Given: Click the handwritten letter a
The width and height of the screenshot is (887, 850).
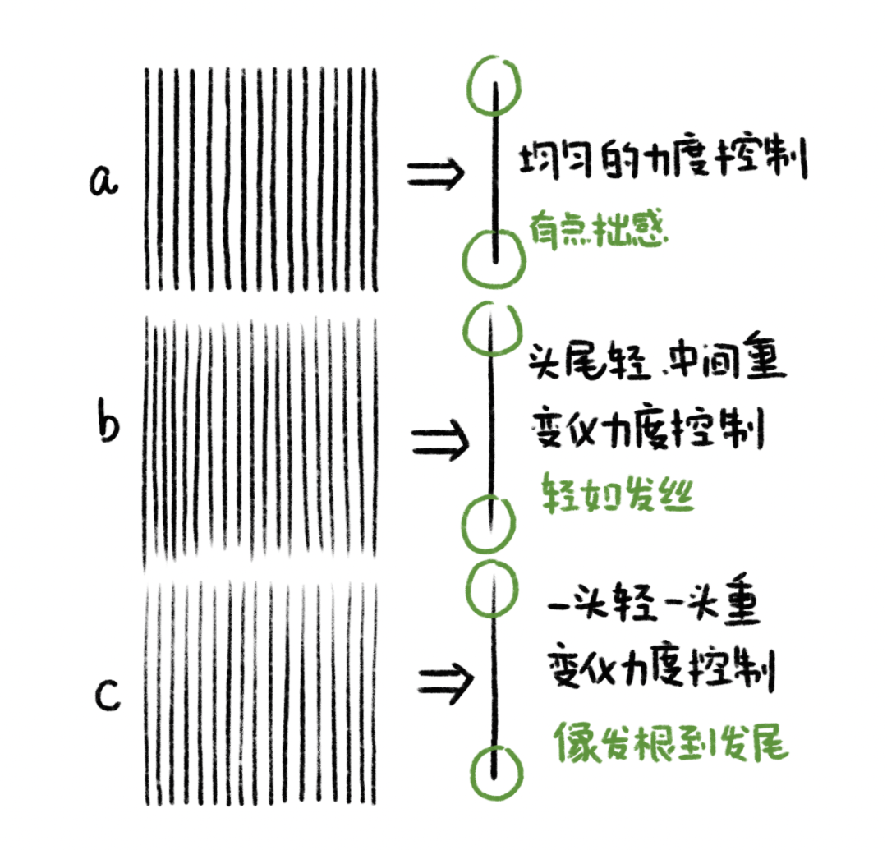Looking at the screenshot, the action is pos(104,181).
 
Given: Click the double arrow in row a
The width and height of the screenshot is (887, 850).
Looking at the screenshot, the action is pos(435,173).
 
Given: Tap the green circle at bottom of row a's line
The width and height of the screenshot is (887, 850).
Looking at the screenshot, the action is pos(490,256).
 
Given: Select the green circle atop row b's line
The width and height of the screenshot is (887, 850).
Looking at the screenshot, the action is pos(489,329).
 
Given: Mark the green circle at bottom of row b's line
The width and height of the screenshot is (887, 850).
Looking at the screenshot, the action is pos(488,520).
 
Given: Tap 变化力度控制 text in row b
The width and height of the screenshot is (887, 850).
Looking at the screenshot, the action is pos(649,428).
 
